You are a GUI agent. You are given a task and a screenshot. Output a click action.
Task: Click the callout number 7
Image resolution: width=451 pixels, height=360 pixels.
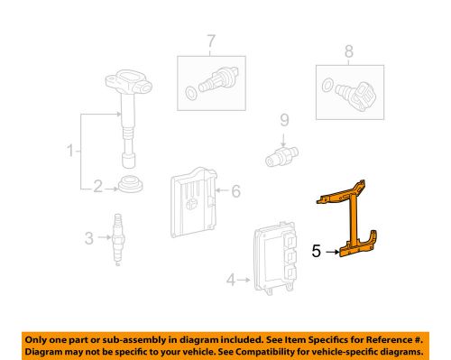click(211, 42)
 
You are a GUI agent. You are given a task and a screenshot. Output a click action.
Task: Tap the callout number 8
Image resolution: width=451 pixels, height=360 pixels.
click(349, 51)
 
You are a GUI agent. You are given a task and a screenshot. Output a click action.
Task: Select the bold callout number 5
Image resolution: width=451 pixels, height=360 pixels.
click(316, 251)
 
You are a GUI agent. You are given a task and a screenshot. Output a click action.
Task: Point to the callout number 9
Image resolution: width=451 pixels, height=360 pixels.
click(284, 120)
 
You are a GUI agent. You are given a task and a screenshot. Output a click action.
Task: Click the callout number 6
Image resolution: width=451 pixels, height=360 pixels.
click(236, 191)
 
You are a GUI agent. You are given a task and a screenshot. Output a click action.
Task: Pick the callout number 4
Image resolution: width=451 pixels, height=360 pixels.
click(231, 280)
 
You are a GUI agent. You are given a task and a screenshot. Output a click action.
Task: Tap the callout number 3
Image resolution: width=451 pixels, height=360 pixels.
click(89, 238)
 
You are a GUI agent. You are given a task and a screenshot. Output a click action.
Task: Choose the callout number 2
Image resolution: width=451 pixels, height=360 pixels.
click(97, 187)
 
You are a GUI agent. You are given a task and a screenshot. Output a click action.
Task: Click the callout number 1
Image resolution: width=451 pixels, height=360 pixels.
click(70, 151)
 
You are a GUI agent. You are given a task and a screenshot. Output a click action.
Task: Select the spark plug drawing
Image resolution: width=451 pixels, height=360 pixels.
click(118, 239)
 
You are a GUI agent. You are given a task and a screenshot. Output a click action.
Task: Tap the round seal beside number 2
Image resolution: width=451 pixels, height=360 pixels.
click(131, 183)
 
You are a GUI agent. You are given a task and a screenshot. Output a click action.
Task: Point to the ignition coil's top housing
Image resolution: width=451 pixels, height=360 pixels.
click(129, 81)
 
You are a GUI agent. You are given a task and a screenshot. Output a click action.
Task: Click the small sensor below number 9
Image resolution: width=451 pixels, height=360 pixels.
click(281, 156)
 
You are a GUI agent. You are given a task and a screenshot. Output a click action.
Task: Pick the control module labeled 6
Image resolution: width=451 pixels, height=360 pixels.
click(193, 202)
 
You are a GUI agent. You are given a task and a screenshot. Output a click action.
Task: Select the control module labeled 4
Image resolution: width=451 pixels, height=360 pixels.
click(274, 258)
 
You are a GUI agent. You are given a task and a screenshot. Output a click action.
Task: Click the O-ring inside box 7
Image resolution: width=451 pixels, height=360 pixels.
click(190, 93)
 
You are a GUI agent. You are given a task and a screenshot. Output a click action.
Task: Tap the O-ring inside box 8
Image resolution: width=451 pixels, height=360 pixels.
click(327, 86)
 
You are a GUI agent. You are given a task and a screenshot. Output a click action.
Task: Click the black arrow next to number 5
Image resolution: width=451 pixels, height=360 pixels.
click(332, 252)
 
